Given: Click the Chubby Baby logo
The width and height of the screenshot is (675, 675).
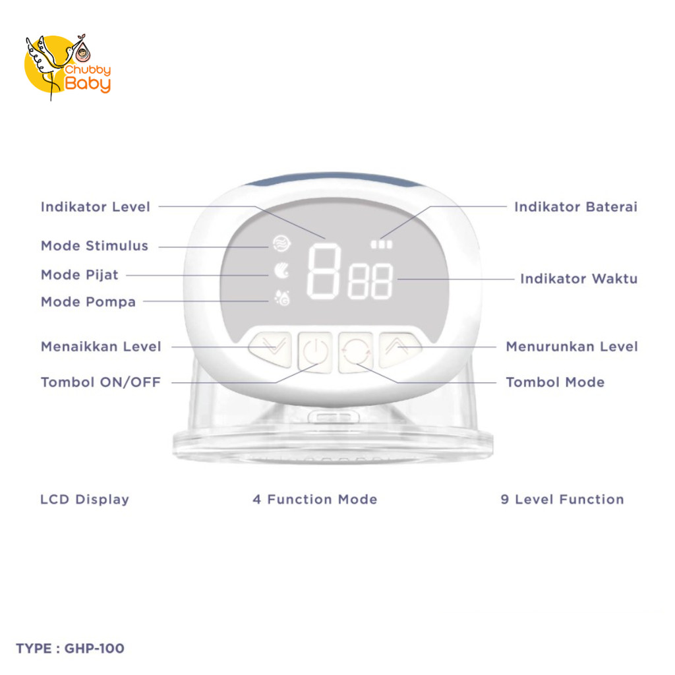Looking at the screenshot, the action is [67, 66].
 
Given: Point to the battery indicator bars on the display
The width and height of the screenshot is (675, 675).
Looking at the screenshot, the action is [381, 245].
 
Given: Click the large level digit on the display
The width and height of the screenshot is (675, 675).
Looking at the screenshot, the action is [324, 270].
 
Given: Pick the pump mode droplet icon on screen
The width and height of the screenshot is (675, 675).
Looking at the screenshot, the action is [281, 299].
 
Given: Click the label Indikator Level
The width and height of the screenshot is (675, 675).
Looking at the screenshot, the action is [96, 207].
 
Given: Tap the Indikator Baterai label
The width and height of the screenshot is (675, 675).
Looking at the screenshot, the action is [575, 207].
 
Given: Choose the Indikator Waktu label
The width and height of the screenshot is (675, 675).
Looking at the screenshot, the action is [579, 279].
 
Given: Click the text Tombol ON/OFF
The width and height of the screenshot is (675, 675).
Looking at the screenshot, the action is [101, 382].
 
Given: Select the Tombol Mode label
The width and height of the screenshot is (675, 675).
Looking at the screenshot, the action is [554, 382].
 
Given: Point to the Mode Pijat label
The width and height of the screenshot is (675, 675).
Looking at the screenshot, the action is [79, 275].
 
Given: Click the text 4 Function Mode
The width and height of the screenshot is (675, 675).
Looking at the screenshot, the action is [314, 500].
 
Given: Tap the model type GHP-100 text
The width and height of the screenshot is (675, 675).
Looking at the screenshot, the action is [70, 649].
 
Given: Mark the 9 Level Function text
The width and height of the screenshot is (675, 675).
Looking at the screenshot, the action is [562, 500].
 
